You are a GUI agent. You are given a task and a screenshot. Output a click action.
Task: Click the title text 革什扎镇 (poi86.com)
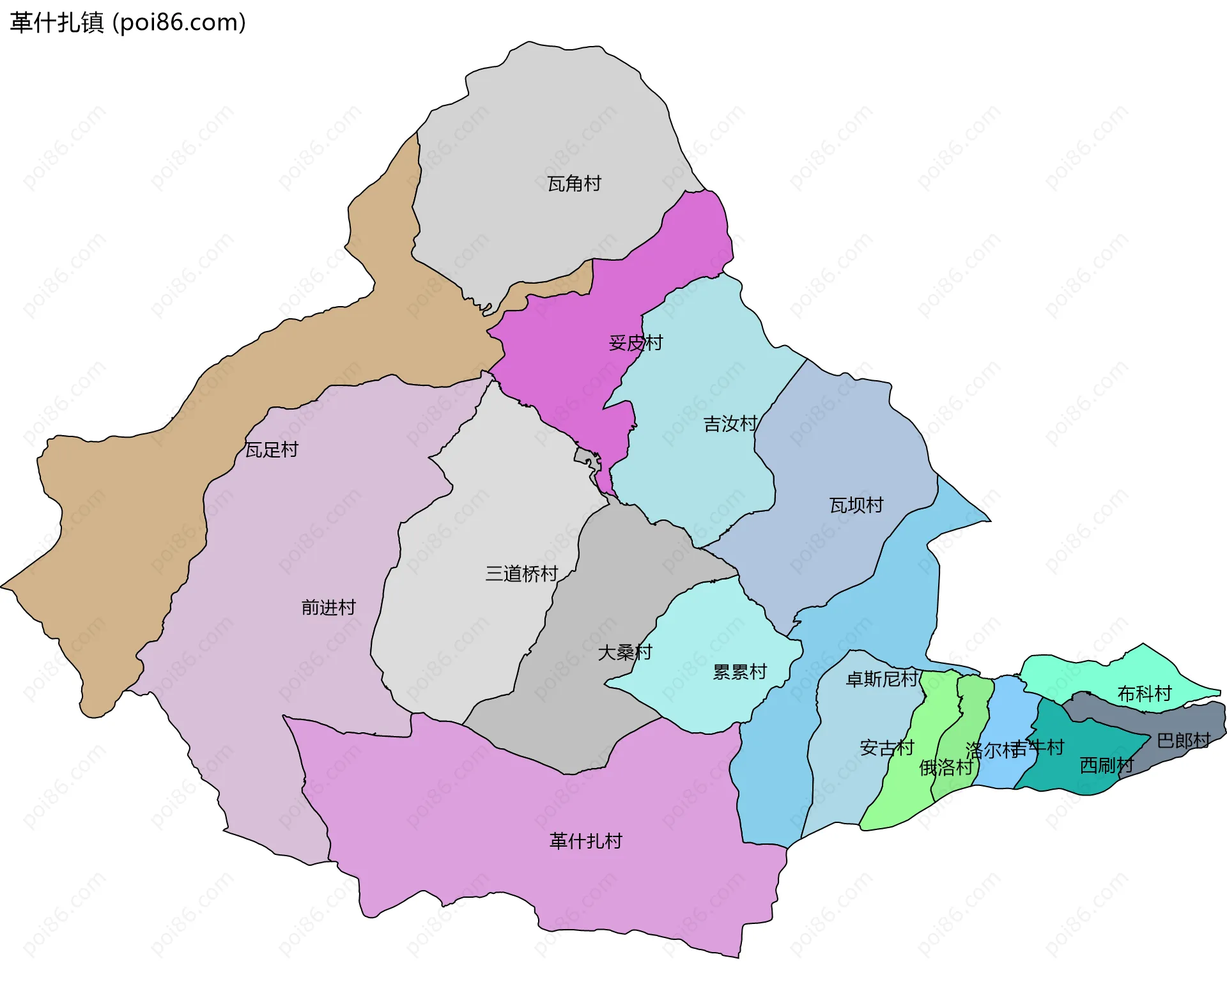[128, 23]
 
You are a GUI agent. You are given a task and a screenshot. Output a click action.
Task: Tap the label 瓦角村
[574, 184]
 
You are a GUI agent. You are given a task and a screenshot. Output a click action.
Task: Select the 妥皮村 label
[635, 343]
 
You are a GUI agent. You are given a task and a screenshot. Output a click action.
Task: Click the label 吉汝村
[730, 424]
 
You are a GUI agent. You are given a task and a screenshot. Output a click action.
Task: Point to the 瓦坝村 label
[856, 505]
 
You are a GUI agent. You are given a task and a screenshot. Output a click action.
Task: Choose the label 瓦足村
[272, 450]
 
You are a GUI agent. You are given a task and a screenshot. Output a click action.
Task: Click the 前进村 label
[328, 607]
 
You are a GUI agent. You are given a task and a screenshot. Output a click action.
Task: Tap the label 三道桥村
[521, 574]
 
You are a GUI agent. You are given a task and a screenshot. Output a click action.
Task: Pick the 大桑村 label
[624, 652]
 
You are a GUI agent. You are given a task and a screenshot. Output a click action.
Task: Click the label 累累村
[739, 672]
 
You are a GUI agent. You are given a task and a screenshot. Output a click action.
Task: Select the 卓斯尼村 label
[881, 679]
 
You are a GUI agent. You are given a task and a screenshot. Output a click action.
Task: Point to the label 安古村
[886, 748]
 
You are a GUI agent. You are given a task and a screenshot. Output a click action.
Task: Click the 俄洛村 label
[945, 767]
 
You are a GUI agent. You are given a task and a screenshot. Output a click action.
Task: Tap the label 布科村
[1144, 693]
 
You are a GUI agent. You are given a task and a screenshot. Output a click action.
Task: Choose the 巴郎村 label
[1184, 741]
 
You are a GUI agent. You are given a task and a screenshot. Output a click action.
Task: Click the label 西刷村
[1106, 765]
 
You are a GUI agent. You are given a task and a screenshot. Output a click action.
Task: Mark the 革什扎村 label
[585, 841]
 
